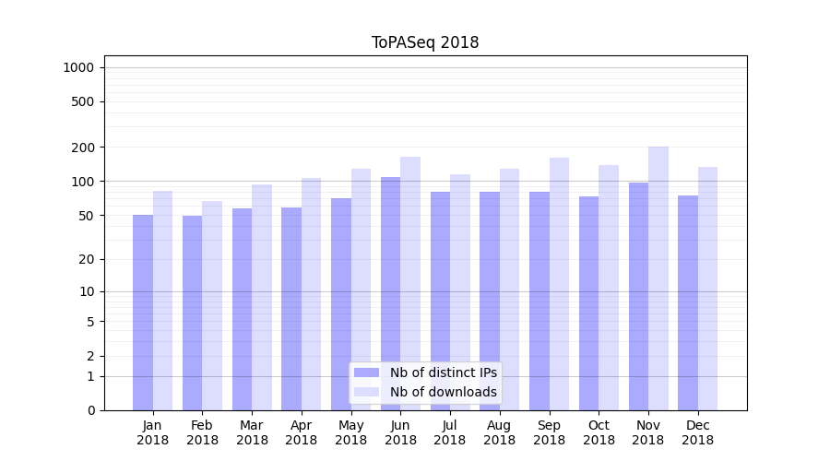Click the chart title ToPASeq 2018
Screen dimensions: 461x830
tap(425, 42)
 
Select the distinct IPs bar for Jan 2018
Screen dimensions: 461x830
tap(143, 313)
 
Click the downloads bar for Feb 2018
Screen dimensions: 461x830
tap(212, 305)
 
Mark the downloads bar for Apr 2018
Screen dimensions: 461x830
tap(312, 294)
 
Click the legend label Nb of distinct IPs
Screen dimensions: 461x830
tap(443, 372)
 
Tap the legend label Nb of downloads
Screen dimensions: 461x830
tap(443, 392)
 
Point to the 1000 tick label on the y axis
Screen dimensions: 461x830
tap(77, 67)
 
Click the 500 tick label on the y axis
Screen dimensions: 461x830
tap(83, 101)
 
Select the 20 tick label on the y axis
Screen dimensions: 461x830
tap(87, 259)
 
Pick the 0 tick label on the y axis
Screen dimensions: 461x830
tap(90, 410)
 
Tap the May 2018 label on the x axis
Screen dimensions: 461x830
tap(351, 432)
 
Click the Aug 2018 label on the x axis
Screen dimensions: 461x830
tap(500, 432)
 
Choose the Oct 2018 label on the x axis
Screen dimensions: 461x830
tap(599, 432)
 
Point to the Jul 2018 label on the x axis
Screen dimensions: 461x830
tap(450, 432)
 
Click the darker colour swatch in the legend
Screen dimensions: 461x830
tap(366, 372)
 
